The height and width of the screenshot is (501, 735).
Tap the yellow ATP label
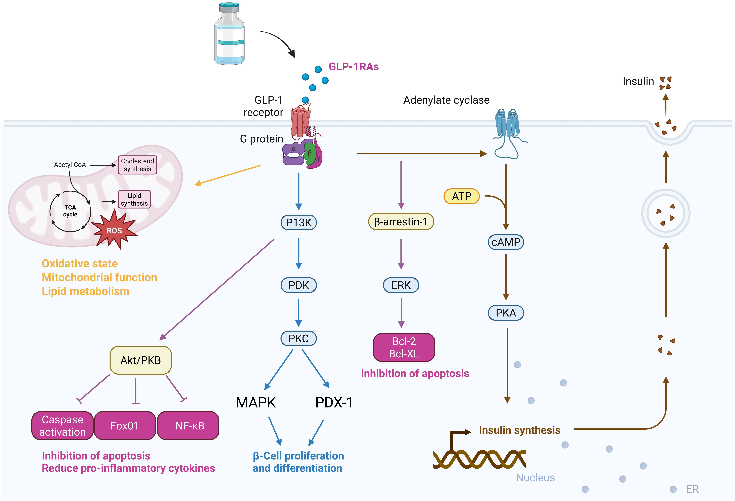(461, 196)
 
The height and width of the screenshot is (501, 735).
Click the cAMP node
(506, 242)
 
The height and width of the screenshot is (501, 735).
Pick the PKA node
(506, 313)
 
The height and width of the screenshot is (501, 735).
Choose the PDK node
(299, 285)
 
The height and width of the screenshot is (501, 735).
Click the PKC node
(299, 338)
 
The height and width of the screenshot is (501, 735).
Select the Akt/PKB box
(140, 360)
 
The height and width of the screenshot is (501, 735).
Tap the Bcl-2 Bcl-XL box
(404, 347)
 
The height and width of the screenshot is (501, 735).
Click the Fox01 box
(125, 426)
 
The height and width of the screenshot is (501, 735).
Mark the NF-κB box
(189, 426)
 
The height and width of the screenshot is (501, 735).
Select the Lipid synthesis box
(134, 199)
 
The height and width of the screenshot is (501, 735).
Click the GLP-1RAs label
(354, 67)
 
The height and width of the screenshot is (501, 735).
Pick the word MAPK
(256, 403)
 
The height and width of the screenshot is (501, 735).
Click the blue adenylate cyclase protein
(507, 125)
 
